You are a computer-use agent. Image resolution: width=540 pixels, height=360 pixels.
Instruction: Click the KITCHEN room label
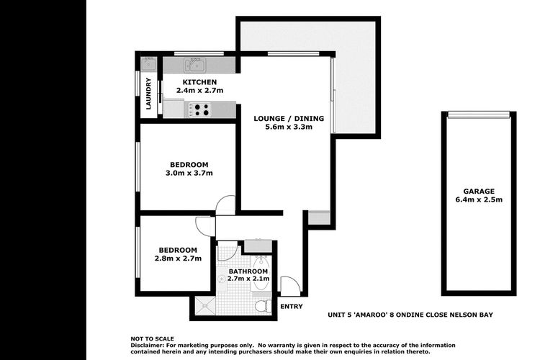[199, 82]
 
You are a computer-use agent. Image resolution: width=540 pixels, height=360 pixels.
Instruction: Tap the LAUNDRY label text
[148, 94]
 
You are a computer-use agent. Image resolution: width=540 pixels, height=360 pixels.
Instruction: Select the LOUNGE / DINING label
[289, 119]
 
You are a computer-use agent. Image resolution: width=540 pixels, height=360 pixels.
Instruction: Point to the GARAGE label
[479, 192]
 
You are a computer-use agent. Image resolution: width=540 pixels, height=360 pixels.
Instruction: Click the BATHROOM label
[248, 271]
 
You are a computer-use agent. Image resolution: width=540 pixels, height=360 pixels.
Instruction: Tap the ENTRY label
[292, 306]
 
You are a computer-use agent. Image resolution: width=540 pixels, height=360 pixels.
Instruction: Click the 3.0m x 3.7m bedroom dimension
[189, 173]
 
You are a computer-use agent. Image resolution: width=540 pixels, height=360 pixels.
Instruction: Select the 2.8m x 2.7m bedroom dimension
[178, 258]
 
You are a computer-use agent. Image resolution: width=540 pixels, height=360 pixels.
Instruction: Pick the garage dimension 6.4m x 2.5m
[479, 199]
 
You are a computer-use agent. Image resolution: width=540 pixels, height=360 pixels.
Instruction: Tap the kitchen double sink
[195, 65]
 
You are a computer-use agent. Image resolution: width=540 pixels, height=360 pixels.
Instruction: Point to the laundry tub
[148, 64]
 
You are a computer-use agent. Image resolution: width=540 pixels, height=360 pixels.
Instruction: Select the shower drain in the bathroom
[205, 305]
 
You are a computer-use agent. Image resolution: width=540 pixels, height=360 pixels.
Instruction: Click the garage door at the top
[479, 114]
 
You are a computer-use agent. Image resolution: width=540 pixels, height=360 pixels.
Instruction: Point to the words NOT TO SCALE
[152, 338]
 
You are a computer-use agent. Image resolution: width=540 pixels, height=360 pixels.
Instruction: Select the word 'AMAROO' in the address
[370, 315]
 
